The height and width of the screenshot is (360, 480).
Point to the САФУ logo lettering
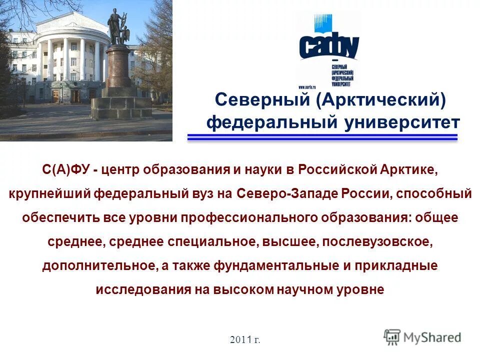click(x=328, y=46)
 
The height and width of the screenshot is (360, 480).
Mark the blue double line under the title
click(x=322, y=137)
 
